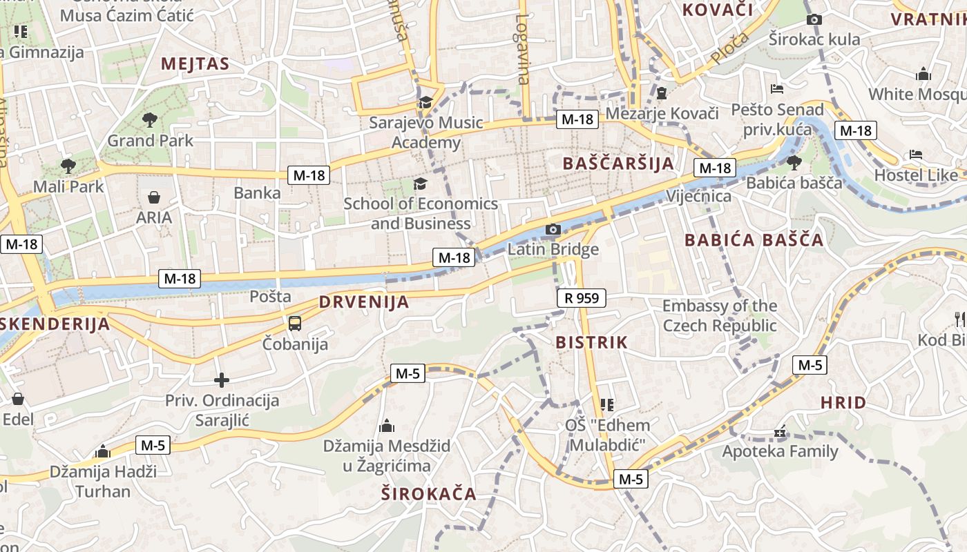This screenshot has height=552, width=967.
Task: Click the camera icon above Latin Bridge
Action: click(x=553, y=229)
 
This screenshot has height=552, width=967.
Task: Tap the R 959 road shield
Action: click(x=582, y=298)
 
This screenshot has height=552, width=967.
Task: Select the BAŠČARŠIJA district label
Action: click(x=617, y=164)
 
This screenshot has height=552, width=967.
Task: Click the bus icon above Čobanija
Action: click(x=295, y=323)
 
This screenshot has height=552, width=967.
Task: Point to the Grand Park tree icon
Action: click(x=149, y=120)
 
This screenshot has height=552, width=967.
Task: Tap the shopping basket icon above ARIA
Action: click(x=154, y=198)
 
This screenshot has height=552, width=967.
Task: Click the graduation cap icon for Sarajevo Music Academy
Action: click(x=425, y=103)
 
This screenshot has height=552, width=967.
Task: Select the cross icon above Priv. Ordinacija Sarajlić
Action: click(x=221, y=380)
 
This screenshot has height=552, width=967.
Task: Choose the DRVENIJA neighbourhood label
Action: click(x=364, y=302)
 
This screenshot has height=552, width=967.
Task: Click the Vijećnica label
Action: click(x=698, y=197)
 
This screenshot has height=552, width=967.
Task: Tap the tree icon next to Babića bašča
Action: click(x=794, y=163)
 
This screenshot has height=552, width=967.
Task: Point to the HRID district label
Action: click(x=843, y=403)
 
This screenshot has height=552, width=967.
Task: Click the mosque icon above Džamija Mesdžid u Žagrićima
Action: click(x=387, y=426)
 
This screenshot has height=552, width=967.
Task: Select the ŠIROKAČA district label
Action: click(x=429, y=493)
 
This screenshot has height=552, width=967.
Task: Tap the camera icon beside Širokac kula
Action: click(x=814, y=19)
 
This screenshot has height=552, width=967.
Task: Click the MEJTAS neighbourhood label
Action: click(x=195, y=64)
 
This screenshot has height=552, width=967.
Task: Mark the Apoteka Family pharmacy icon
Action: click(x=781, y=433)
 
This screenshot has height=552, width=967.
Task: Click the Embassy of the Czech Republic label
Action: click(x=720, y=315)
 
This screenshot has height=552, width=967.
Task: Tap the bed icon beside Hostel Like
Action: click(x=916, y=155)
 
